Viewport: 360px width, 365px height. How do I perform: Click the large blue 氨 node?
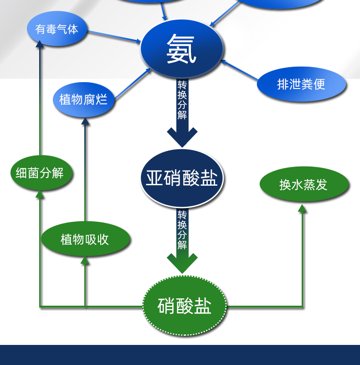click(x=182, y=48)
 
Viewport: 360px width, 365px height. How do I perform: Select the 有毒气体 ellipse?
click(x=57, y=29)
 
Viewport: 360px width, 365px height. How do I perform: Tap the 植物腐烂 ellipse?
click(x=83, y=99)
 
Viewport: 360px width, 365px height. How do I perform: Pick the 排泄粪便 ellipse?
click(x=301, y=84)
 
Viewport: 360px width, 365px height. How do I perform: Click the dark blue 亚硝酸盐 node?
click(x=182, y=178)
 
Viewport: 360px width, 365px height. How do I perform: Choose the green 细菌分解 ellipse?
click(x=40, y=173)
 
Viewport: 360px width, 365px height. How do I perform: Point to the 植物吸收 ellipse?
click(x=85, y=239)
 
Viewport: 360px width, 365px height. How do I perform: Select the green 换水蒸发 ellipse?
click(x=303, y=184)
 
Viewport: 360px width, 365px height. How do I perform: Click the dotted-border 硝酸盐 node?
click(x=184, y=306)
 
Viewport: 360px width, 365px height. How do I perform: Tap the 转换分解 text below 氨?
click(x=182, y=99)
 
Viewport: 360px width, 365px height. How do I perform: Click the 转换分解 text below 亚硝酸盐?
click(x=182, y=229)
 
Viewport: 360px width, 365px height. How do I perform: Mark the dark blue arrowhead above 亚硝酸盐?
click(x=182, y=137)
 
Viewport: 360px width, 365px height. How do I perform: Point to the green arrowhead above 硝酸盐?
click(x=182, y=263)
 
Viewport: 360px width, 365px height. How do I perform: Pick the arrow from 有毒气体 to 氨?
click(x=114, y=36)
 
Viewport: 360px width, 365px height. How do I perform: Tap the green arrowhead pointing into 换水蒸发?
click(x=302, y=208)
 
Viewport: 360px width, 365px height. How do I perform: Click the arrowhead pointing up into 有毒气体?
click(x=40, y=44)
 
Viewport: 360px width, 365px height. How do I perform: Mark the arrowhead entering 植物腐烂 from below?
click(x=85, y=121)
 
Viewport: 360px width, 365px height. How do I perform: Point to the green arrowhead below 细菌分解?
click(x=40, y=194)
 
